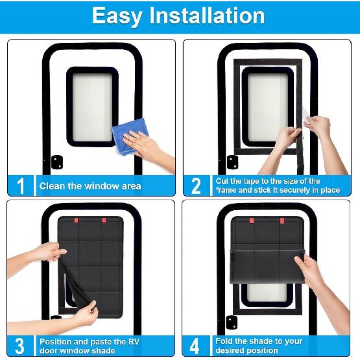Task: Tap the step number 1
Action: point(21,186)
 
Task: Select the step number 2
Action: point(197,186)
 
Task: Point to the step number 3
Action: point(21,346)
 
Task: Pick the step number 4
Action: point(197,346)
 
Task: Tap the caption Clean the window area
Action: point(90,186)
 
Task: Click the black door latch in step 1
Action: point(56,161)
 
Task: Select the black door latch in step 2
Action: point(232,162)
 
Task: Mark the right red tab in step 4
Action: point(282,221)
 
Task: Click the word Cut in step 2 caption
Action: point(222,181)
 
